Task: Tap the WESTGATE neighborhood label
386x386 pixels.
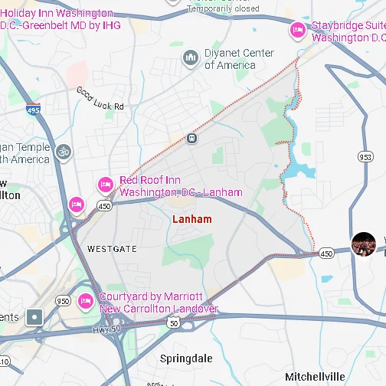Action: tap(112, 249)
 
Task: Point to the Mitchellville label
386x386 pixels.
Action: tap(316, 376)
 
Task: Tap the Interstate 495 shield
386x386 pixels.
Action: tap(32, 110)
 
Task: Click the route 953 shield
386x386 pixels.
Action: tap(365, 156)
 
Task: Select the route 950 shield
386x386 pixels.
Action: tap(64, 301)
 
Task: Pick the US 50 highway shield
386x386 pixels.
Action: tap(175, 323)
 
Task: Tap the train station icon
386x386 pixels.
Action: tap(191, 139)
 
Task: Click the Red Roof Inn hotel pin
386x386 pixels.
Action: tap(105, 185)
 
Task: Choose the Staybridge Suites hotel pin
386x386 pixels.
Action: tap(297, 31)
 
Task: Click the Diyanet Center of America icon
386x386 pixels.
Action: tap(191, 57)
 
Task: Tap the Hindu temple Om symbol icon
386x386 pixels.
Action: tap(63, 152)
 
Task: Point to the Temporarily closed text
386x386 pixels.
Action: tap(222, 8)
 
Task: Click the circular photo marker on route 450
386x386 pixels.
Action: tap(363, 244)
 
